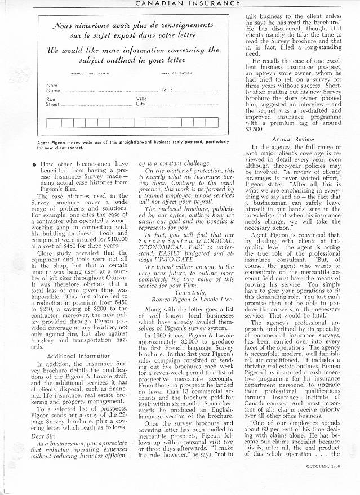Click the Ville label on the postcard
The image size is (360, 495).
click(141, 98)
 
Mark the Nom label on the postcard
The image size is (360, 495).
click(51, 85)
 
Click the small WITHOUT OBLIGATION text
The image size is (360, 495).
click(85, 74)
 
